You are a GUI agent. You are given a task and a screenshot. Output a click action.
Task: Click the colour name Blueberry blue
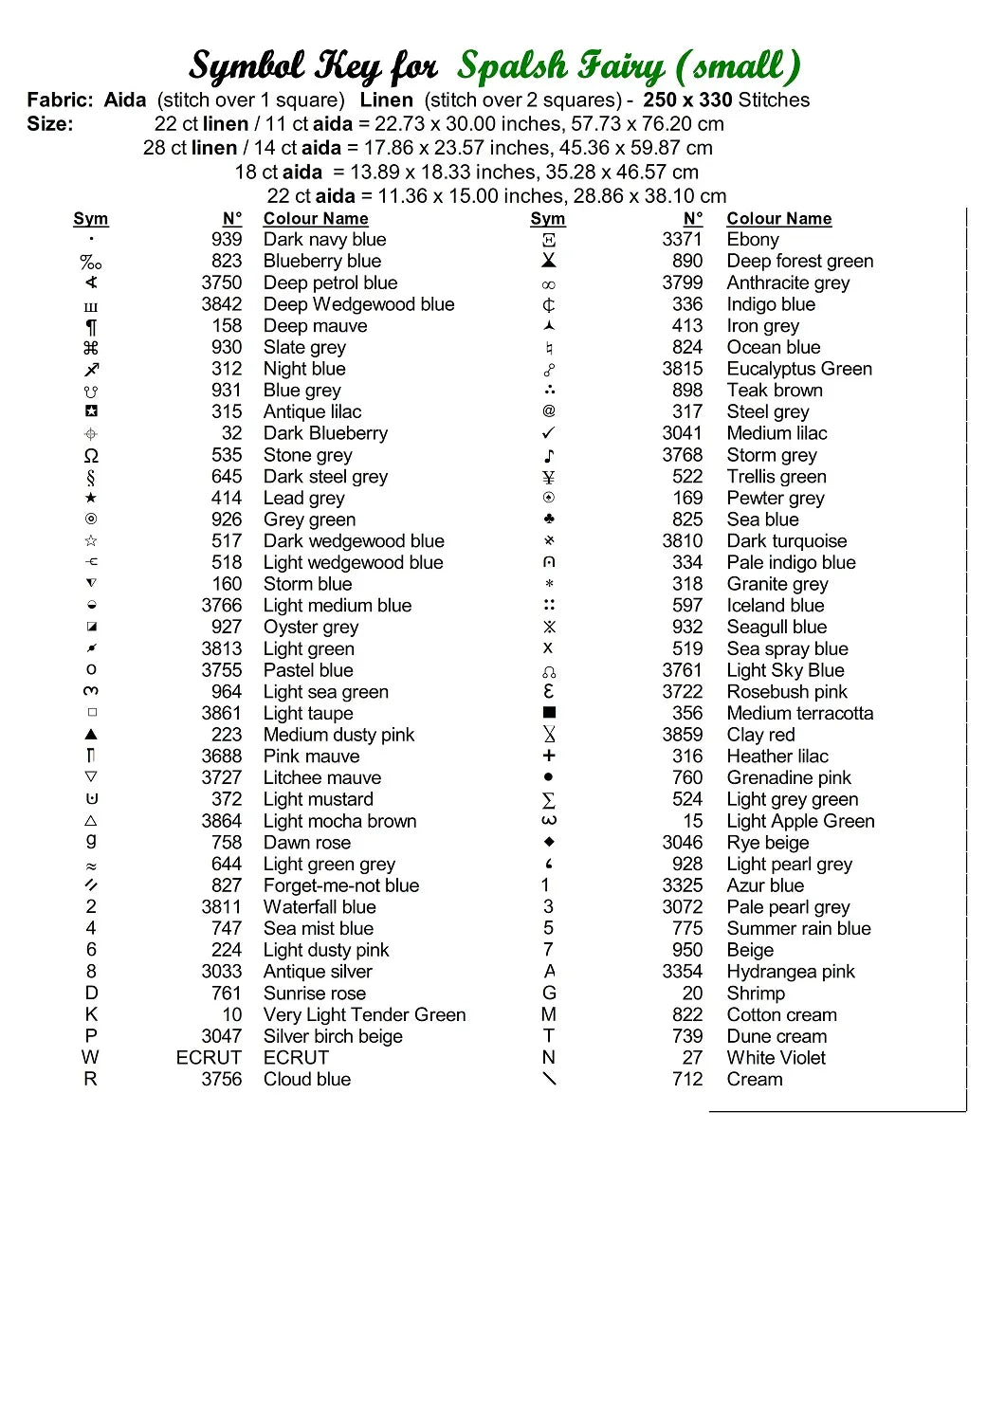(x=322, y=261)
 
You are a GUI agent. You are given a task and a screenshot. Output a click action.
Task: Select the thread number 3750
(x=222, y=283)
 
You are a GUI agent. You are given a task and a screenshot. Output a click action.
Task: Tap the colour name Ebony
(x=753, y=240)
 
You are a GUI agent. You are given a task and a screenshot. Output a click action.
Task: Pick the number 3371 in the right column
(x=683, y=240)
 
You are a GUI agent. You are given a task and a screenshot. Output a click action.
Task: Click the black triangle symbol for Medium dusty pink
(x=91, y=735)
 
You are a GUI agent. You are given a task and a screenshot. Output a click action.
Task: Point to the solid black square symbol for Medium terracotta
(x=549, y=713)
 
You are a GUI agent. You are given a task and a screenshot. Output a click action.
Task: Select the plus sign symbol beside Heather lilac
(x=549, y=756)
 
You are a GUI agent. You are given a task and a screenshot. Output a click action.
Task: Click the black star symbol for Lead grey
(x=91, y=498)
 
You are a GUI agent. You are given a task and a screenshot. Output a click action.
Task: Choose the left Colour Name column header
(x=316, y=219)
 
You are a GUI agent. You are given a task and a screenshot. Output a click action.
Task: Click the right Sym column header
(x=548, y=219)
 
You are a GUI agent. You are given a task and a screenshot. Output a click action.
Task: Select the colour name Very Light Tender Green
(x=365, y=1014)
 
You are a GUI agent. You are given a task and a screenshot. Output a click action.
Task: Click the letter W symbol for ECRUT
(x=90, y=1057)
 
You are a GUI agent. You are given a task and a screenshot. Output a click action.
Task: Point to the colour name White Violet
(x=777, y=1057)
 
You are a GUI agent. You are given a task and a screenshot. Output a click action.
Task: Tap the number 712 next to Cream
(x=687, y=1079)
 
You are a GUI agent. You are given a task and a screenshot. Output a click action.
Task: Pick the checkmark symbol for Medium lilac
(x=549, y=433)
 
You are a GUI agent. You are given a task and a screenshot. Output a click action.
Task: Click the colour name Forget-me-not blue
(x=341, y=885)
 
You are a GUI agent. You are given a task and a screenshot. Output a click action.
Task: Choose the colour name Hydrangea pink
(x=791, y=972)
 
